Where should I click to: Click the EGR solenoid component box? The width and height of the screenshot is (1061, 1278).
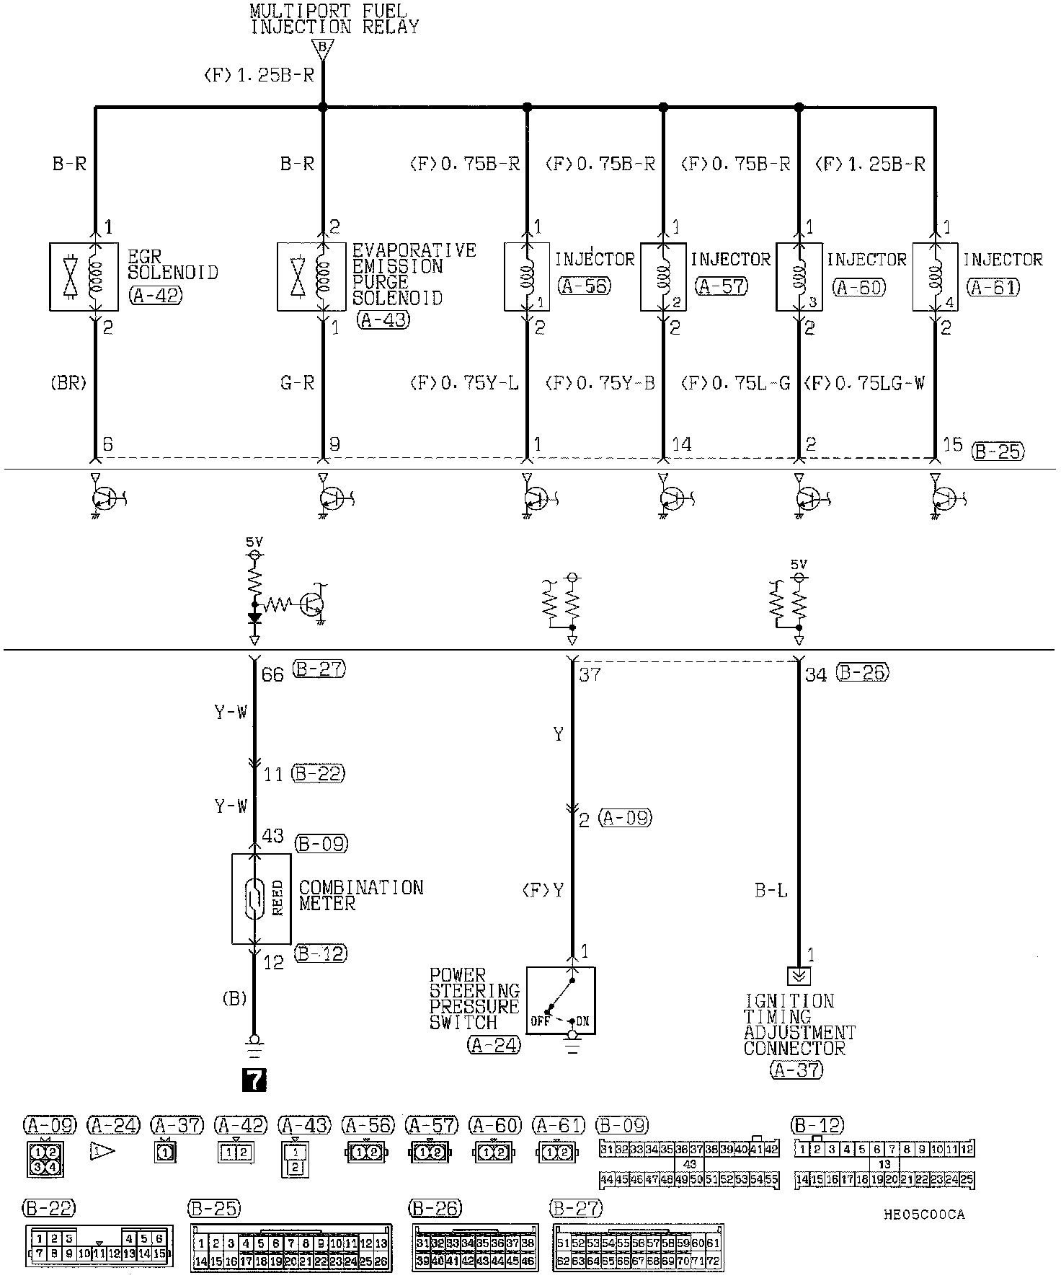point(84,276)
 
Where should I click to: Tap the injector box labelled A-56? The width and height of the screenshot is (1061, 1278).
point(527,276)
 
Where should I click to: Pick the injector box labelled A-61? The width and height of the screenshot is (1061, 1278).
point(935,276)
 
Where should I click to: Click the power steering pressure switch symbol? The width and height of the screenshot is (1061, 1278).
point(560,1000)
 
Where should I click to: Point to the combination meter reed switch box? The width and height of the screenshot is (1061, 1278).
point(261,898)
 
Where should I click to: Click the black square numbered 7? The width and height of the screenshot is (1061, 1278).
point(254,1079)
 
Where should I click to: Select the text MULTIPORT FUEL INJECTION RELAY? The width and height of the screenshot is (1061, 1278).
point(334,20)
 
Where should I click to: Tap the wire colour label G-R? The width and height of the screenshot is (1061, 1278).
point(297,383)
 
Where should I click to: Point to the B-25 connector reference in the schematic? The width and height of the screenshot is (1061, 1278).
point(998,451)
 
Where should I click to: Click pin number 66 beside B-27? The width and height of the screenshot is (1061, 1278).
point(272,674)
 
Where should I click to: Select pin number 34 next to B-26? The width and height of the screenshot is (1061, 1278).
point(816,675)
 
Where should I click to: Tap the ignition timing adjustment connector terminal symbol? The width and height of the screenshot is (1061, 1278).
point(799,976)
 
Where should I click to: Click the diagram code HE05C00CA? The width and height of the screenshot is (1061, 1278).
point(924,1215)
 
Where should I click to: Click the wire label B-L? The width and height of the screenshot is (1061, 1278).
point(771,891)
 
